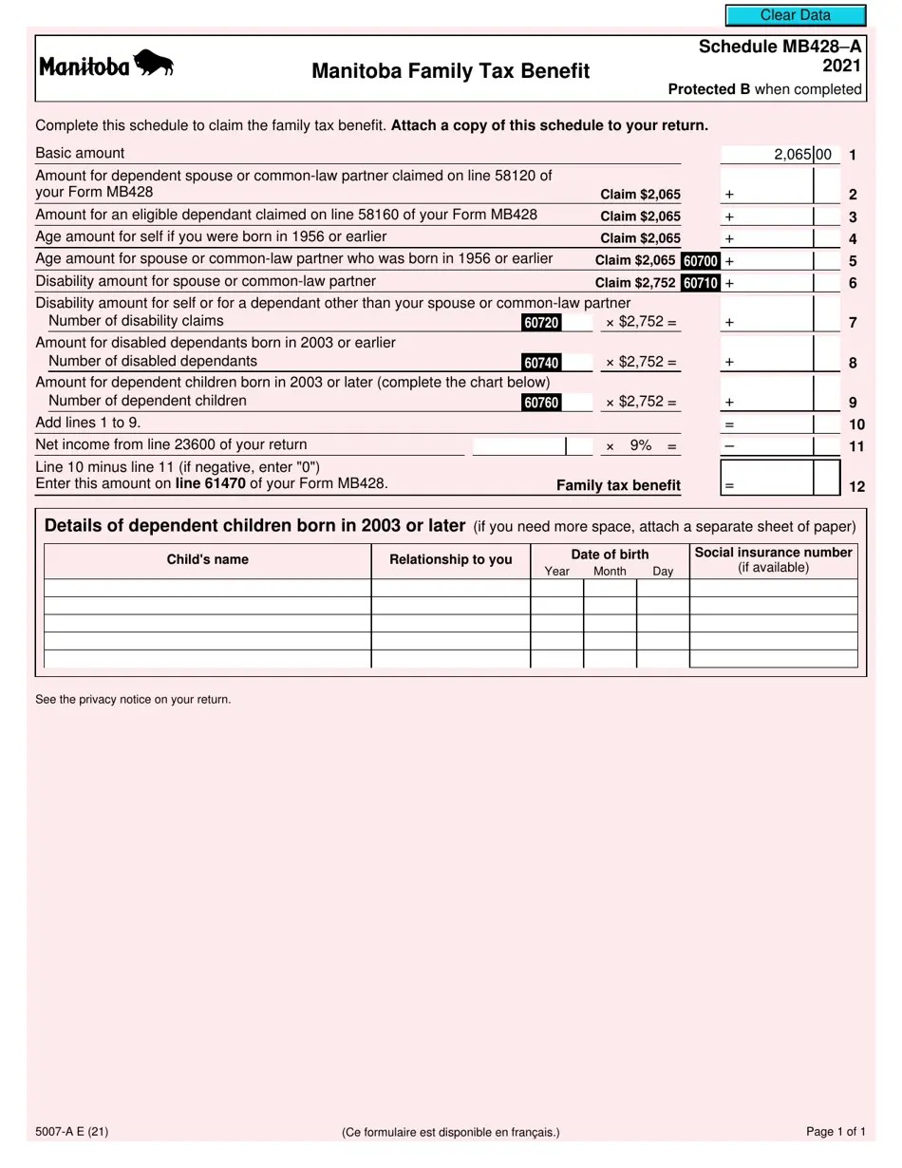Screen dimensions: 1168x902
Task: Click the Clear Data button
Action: click(796, 15)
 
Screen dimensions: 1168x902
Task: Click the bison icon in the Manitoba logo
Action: click(154, 64)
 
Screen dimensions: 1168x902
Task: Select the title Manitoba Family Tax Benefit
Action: click(450, 71)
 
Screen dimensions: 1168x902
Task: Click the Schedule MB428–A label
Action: click(780, 47)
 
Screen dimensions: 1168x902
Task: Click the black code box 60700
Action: click(700, 260)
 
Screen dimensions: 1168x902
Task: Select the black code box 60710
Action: click(700, 282)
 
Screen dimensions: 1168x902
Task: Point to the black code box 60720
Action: click(541, 323)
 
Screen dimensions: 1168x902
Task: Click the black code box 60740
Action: click(541, 363)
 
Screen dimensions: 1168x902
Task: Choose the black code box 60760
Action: click(541, 403)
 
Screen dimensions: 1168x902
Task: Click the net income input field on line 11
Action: click(518, 446)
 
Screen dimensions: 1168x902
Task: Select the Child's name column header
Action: click(207, 559)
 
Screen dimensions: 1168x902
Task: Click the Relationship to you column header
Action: click(450, 559)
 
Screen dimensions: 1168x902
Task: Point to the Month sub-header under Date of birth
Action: click(610, 572)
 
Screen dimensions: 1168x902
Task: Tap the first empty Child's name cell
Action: click(207, 588)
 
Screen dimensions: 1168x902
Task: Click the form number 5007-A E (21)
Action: click(71, 1132)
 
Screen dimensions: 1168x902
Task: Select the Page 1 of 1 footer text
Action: click(835, 1132)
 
